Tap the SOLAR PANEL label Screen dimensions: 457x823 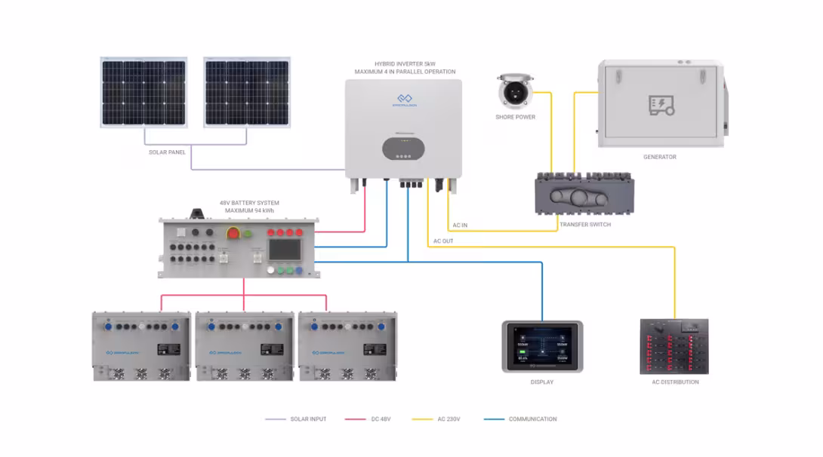tap(167, 152)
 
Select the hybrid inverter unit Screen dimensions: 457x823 tap(403, 128)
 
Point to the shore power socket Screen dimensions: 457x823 tap(516, 90)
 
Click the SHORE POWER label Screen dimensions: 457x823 tap(516, 117)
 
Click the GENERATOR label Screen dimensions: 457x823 tap(659, 157)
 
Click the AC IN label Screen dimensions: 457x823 tap(459, 225)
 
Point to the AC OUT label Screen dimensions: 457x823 tap(443, 241)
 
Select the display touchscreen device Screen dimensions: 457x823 tap(542, 346)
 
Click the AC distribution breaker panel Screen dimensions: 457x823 tap(674, 346)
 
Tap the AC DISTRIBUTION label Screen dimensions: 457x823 tap(675, 382)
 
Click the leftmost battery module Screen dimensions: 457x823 tap(140, 345)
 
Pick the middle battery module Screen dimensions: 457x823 tap(244, 345)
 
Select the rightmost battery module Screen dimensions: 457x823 tap(347, 345)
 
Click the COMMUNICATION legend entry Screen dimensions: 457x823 tap(532, 419)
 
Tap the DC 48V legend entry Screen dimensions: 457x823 tap(379, 419)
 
